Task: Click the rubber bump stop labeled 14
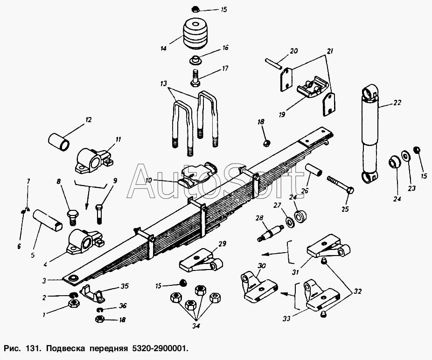(195, 34)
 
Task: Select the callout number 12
(89, 120)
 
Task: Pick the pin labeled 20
(273, 63)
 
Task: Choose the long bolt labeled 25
(341, 185)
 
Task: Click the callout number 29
(223, 244)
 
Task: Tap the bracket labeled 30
(259, 286)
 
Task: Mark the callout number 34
(196, 326)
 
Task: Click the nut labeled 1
(74, 304)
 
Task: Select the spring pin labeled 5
(48, 221)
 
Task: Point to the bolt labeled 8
(73, 217)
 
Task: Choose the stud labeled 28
(271, 234)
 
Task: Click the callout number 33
(286, 319)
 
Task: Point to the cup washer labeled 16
(195, 60)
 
